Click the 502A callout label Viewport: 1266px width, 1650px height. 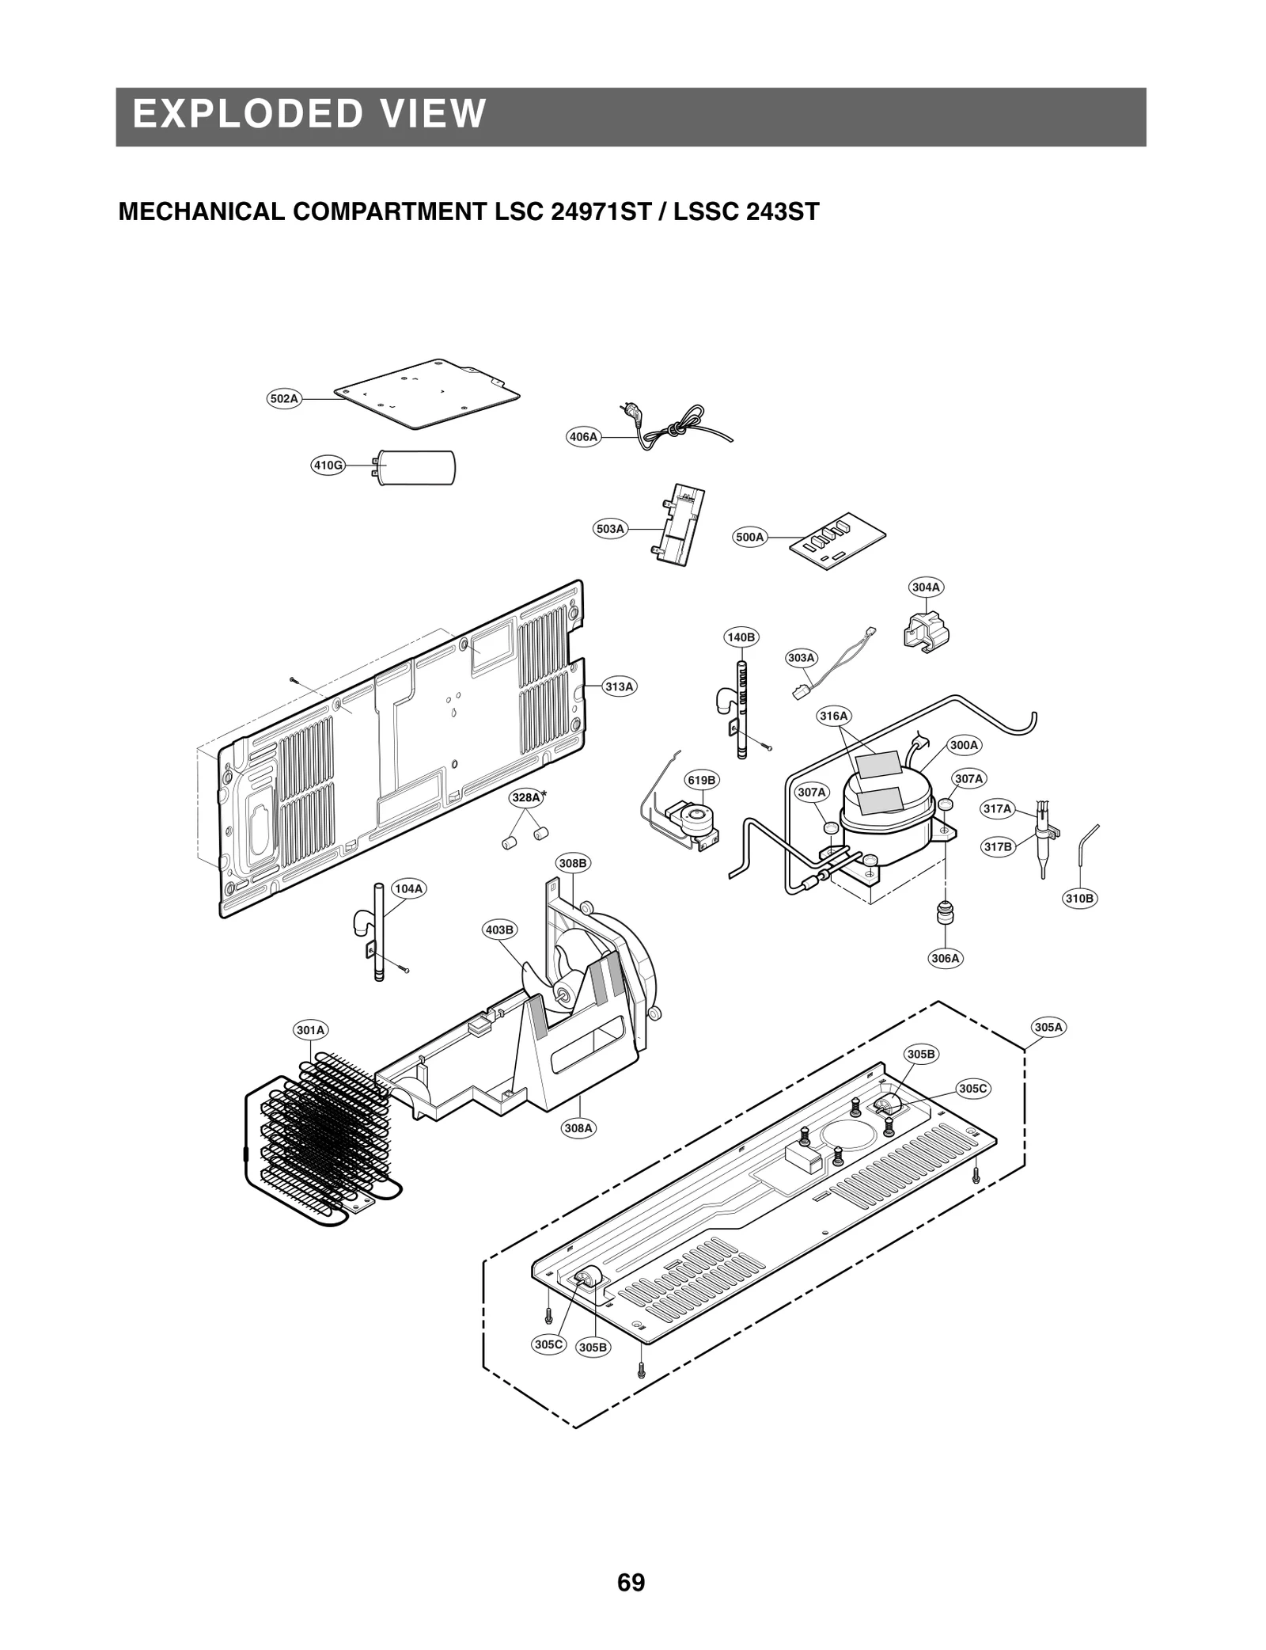pos(284,399)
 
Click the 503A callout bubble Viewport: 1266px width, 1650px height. pos(610,529)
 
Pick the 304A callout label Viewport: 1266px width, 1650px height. pos(926,587)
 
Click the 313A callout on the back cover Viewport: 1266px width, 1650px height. pos(620,686)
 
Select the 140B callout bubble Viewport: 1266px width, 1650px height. pos(741,637)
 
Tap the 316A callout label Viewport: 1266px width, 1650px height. pos(833,716)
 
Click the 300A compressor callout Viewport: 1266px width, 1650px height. pos(965,745)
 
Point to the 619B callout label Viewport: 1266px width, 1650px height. pos(701,780)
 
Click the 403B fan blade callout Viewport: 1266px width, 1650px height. pos(499,930)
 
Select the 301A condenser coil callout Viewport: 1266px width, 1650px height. pos(310,1030)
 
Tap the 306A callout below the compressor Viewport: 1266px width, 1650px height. pos(945,958)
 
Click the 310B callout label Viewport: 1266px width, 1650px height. pos(1079,899)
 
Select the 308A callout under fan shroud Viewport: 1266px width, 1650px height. pos(578,1127)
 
